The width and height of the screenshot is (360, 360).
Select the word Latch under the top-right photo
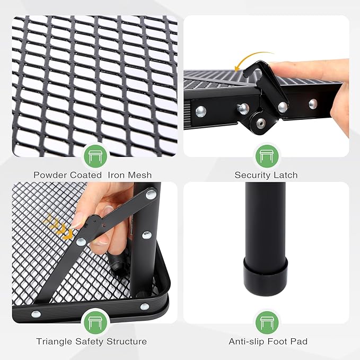pos(286,175)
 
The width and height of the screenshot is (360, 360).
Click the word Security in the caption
pos(253,175)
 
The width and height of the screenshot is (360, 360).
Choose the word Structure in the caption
pos(127,341)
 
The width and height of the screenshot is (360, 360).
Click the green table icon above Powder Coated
pos(95,155)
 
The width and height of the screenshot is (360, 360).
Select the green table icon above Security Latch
pos(267,155)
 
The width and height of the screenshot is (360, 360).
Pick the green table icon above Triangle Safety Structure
pos(95,321)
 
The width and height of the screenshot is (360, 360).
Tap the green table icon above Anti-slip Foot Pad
pos(267,321)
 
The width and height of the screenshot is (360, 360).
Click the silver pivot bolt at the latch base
pos(260,122)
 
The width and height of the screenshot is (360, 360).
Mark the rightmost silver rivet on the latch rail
pos(313,103)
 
